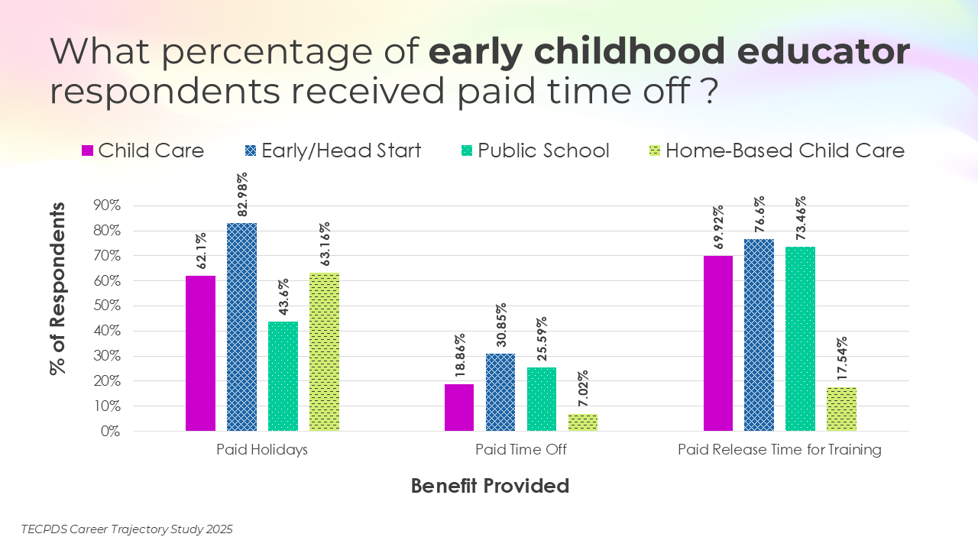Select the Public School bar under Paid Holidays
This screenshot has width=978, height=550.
tap(283, 376)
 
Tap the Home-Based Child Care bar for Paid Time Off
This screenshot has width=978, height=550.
tap(583, 422)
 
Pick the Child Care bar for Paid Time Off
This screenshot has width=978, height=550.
tap(459, 407)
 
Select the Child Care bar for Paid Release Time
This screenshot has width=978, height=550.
tap(718, 343)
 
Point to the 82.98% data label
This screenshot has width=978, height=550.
tap(242, 195)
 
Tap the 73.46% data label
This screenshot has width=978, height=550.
tap(801, 218)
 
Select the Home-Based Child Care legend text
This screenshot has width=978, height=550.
tap(785, 150)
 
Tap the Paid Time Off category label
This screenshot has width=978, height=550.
tap(521, 450)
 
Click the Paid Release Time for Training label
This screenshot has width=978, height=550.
tap(779, 450)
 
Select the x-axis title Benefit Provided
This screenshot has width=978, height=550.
tap(490, 486)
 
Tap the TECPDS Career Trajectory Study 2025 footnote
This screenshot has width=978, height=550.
tap(127, 529)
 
